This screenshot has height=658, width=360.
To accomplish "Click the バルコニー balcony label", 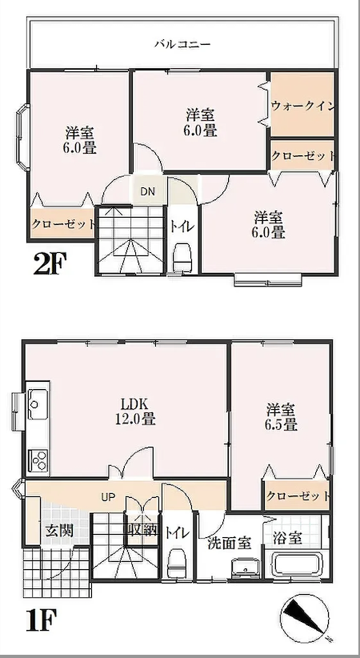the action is click(x=182, y=45).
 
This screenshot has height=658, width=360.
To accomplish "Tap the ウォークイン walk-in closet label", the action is click(x=302, y=106).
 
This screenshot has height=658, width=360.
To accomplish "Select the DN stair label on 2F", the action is click(x=147, y=192).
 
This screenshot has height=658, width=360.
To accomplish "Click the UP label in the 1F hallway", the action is click(x=108, y=498).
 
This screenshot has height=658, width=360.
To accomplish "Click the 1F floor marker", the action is click(x=41, y=620).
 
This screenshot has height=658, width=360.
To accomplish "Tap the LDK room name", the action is click(x=134, y=404).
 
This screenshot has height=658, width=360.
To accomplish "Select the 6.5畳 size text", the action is click(x=281, y=424).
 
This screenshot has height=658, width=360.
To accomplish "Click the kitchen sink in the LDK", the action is click(x=38, y=404).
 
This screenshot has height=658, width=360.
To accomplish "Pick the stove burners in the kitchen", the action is click(x=38, y=460).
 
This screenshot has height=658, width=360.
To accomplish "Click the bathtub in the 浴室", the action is click(x=297, y=566).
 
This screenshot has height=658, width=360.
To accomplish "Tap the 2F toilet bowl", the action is click(x=182, y=257).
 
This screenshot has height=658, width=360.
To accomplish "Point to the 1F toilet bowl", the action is click(x=176, y=565).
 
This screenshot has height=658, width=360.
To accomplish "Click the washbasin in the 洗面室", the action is click(x=246, y=568).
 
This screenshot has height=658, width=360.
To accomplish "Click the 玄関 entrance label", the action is click(x=59, y=531).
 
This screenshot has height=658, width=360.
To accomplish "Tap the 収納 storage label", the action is click(x=142, y=531).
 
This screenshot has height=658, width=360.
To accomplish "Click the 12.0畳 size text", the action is click(x=135, y=419).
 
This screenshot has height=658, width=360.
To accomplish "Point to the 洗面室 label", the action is click(x=230, y=544).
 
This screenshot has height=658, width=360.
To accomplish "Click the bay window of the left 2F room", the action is click(x=22, y=137).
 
